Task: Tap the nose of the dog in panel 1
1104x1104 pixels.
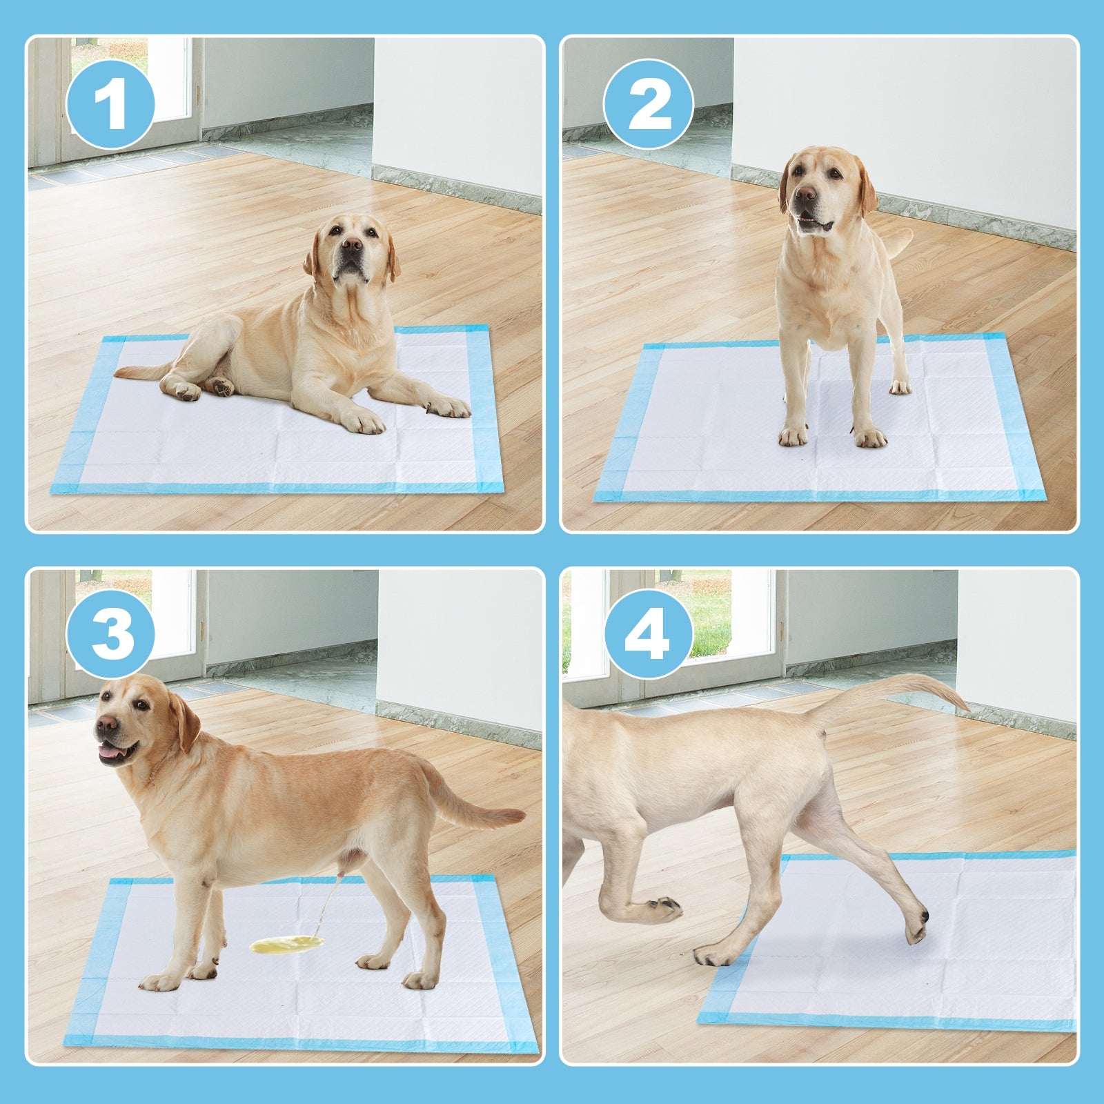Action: pos(352,244)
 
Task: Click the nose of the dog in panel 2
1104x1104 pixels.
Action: pos(805,194)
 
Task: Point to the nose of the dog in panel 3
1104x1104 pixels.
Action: pos(106,723)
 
